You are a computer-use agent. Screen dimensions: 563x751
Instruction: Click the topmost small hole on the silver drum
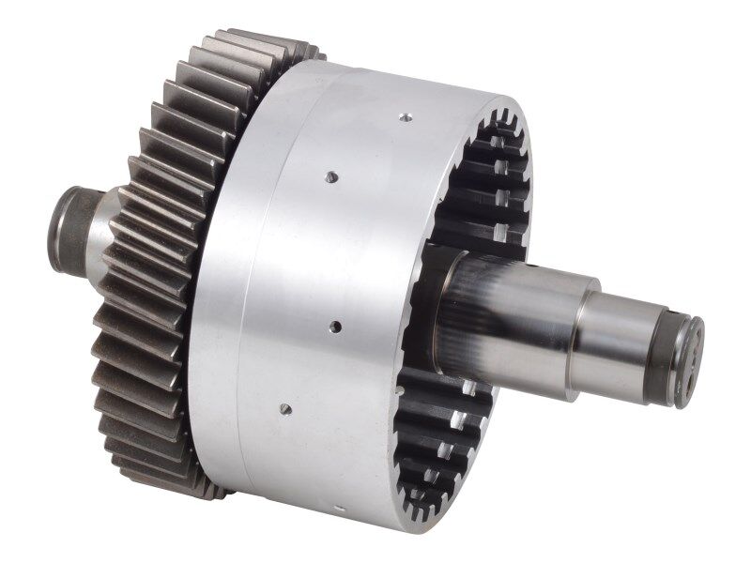click(406, 117)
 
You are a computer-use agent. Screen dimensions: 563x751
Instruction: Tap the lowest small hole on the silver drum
click(285, 409)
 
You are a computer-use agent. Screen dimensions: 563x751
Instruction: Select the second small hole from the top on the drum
click(330, 175)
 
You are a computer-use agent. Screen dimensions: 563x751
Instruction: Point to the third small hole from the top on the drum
click(335, 327)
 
